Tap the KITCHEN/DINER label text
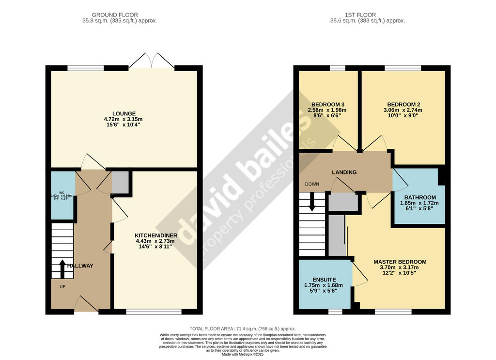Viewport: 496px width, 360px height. (156, 235)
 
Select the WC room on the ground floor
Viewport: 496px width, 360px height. (62, 195)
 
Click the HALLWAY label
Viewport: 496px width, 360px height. (80, 266)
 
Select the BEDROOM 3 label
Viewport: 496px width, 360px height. (328, 105)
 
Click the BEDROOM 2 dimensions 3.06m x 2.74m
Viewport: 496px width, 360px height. (403, 110)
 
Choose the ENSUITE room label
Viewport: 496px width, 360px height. (325, 280)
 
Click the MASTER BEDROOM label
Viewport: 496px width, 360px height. (400, 262)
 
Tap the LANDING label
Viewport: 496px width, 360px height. (344, 172)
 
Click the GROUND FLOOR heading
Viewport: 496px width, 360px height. (115, 15)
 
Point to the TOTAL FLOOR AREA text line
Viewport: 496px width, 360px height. (243, 329)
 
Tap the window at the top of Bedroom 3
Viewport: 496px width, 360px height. (338, 68)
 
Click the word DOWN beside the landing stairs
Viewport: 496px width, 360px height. (312, 184)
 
